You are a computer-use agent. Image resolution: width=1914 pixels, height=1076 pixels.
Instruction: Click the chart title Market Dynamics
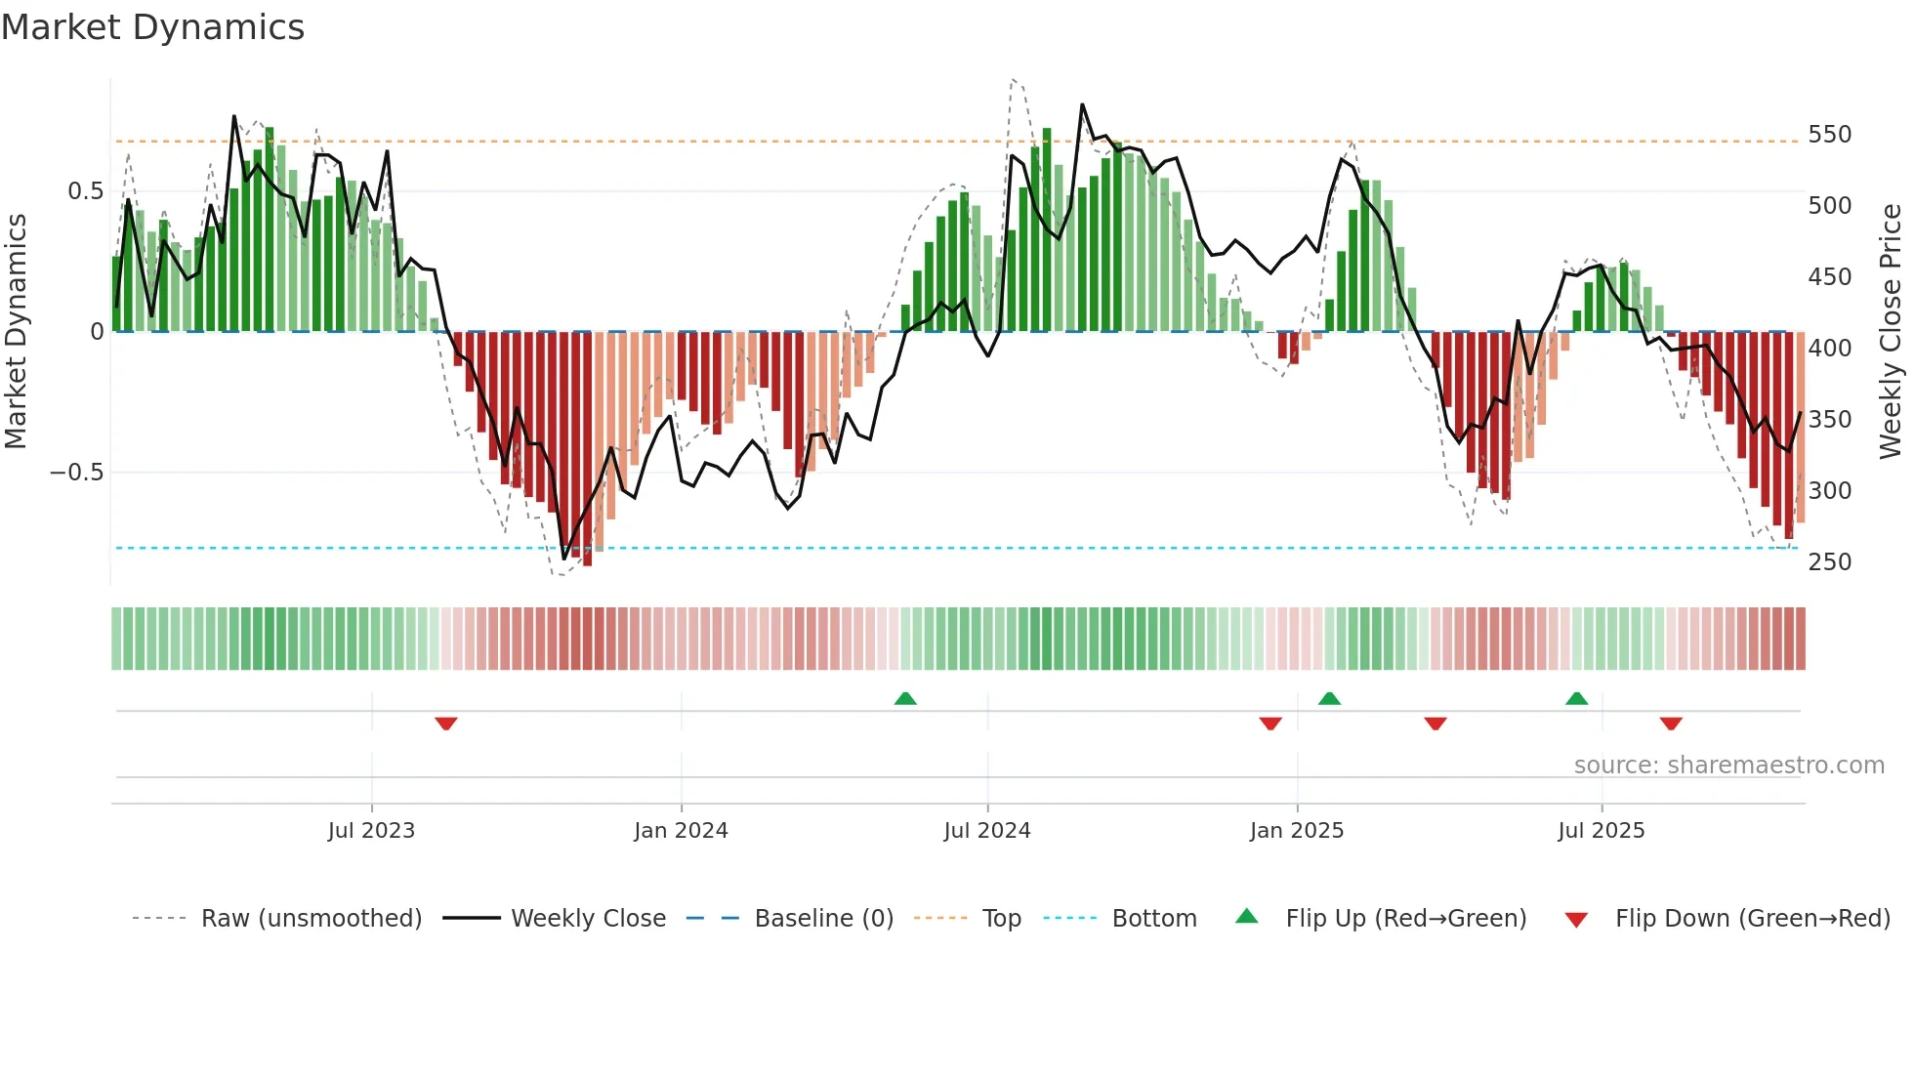(x=152, y=27)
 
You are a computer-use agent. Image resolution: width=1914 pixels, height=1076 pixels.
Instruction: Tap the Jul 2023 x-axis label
(x=371, y=831)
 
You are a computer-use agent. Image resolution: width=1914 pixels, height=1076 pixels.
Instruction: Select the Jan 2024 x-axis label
(x=681, y=831)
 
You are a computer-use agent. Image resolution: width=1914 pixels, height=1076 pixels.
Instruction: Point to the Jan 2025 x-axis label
(x=1297, y=831)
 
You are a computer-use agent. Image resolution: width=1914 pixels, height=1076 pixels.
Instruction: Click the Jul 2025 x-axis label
(x=1602, y=831)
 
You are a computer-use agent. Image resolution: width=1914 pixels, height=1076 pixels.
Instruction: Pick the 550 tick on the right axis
(x=1829, y=135)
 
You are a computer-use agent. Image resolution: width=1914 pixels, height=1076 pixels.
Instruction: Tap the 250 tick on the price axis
(x=1829, y=562)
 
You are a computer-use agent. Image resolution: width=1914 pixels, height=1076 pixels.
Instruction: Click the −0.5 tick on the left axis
(x=76, y=473)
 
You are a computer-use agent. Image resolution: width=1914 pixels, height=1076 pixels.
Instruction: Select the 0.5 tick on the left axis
(x=85, y=191)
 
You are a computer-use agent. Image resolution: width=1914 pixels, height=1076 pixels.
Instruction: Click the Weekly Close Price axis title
(x=1891, y=332)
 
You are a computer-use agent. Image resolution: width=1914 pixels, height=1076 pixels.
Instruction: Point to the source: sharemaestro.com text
(x=1728, y=766)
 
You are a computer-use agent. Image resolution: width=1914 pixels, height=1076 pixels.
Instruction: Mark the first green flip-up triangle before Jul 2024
(x=905, y=698)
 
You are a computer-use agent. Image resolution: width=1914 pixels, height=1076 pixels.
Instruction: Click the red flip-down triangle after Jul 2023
(x=446, y=724)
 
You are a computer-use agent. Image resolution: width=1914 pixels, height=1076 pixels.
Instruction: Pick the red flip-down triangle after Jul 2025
(x=1671, y=724)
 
